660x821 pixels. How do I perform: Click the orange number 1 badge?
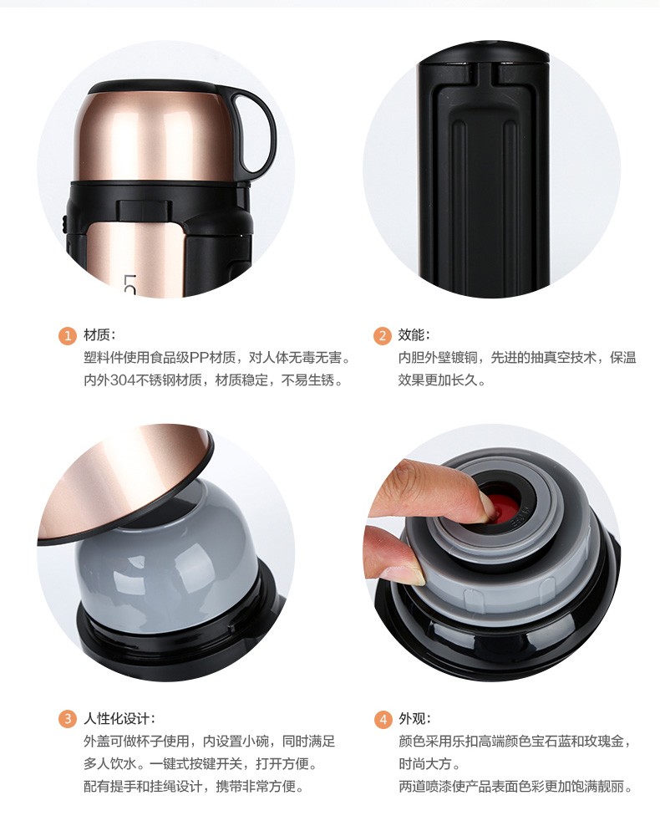tap(67, 335)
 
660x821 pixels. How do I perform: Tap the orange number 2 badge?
tap(382, 335)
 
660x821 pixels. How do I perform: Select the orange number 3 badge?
tap(67, 719)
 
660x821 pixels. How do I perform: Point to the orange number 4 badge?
tap(383, 720)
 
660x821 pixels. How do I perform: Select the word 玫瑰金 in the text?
tap(603, 742)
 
